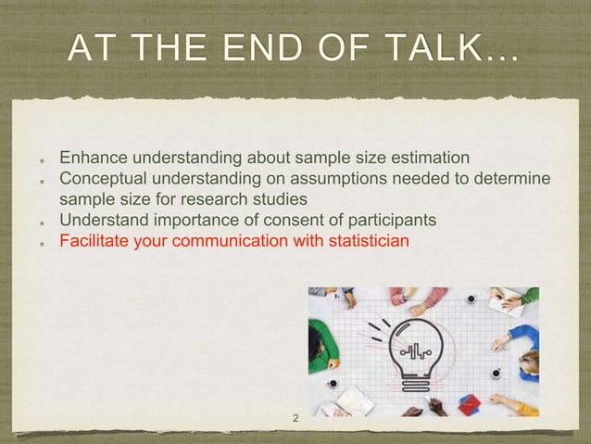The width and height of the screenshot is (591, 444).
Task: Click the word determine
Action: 516,178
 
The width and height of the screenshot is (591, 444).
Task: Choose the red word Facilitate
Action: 92,241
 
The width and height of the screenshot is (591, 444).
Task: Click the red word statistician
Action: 364,241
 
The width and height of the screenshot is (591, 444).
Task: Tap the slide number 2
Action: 295,419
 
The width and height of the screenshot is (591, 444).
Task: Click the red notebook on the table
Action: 470,404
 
